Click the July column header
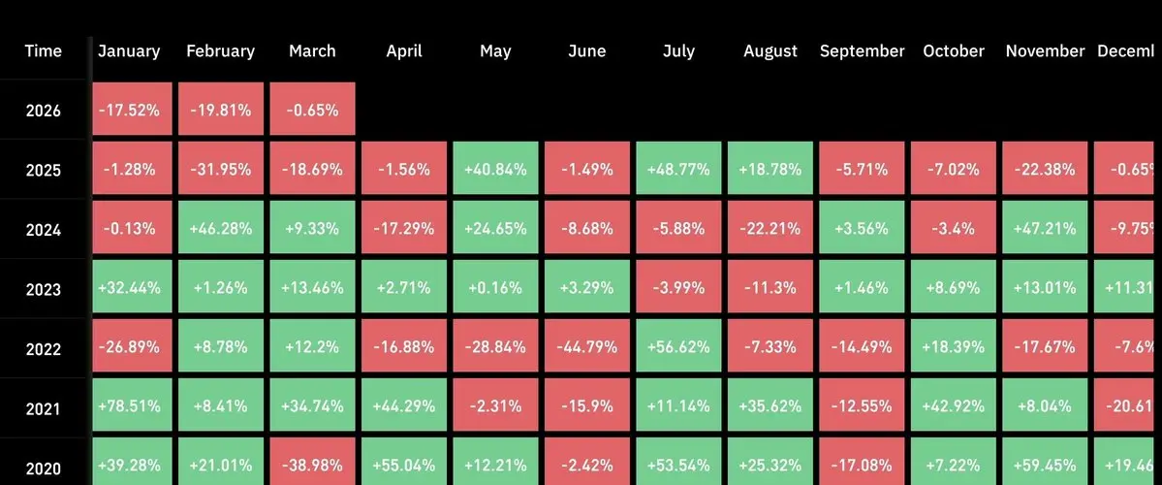[678, 51]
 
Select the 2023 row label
[44, 289]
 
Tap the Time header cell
[44, 51]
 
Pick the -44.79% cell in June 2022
[586, 348]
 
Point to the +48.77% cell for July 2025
[678, 169]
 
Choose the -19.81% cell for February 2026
[220, 110]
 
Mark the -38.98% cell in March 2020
[312, 468]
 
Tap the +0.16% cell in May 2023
[495, 289]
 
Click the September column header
[862, 51]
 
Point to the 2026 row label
[44, 111]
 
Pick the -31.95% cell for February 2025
[220, 169]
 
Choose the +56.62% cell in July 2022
[678, 348]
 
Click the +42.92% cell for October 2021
[954, 408]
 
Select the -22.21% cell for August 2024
[770, 229]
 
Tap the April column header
[404, 51]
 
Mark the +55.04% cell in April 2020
[404, 468]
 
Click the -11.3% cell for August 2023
[770, 289]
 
